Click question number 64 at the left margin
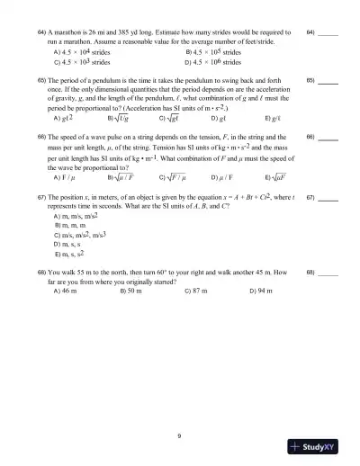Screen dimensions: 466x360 (41, 31)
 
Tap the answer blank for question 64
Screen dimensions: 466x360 (328, 32)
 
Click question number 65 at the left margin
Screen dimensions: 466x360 (41, 79)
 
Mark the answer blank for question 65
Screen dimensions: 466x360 (328, 80)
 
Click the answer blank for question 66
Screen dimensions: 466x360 (328, 139)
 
